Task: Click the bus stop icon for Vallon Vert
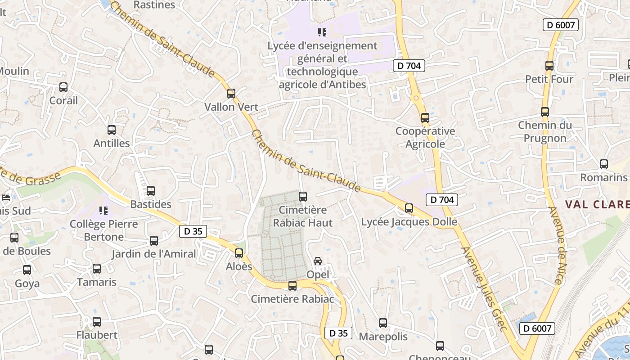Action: pos(231,93)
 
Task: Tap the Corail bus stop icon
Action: pos(63,87)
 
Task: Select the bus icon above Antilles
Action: pos(112,130)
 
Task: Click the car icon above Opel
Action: pos(318,261)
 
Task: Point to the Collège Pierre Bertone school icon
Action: pos(103,210)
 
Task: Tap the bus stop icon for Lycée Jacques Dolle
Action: pos(409,208)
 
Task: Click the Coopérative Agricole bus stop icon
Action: pos(425,118)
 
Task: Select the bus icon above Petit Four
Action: pos(549,65)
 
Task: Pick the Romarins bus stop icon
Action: pos(603,164)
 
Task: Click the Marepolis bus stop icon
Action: pos(382,323)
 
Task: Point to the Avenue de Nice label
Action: pos(557,245)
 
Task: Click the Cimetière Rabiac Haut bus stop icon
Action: pos(303,196)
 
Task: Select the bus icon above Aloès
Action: pos(239,253)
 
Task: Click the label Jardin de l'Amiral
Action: pos(154,254)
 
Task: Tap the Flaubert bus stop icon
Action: pos(97,322)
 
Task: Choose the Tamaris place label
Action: pos(97,282)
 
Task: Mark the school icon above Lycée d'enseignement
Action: pos(322,32)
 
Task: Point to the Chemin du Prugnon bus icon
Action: pos(544,112)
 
